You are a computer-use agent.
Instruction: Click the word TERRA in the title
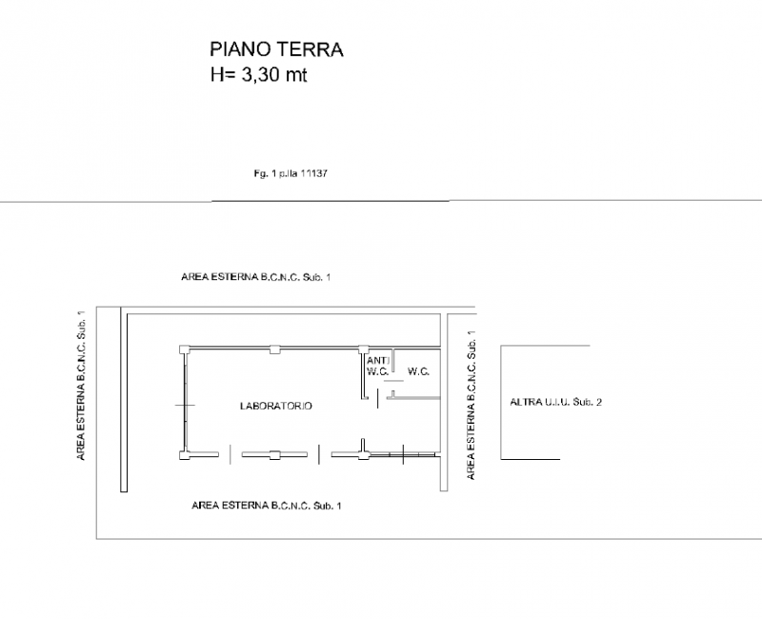[x=311, y=50]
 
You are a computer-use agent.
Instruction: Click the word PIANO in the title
[x=241, y=50]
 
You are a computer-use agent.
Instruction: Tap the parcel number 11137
[x=314, y=173]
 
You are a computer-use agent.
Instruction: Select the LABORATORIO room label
[x=276, y=406]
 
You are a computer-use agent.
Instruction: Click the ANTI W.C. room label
[x=378, y=367]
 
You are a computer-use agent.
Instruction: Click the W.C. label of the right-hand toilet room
[x=418, y=371]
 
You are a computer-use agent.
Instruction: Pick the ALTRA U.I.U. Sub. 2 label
[x=556, y=402]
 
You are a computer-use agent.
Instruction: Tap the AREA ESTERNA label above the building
[x=256, y=277]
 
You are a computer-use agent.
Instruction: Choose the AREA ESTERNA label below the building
[x=267, y=506]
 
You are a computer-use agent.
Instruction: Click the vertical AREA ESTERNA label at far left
[x=81, y=386]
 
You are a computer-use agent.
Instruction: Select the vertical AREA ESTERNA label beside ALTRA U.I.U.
[x=471, y=406]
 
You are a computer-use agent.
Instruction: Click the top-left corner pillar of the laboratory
[x=184, y=349]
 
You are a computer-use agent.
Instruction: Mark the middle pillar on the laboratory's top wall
[x=275, y=349]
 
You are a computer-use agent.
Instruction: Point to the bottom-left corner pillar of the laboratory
[x=184, y=455]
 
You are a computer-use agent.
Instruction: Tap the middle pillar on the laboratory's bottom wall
[x=275, y=455]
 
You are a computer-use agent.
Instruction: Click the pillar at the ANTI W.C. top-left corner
[x=364, y=349]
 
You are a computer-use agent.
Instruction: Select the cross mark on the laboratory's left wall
[x=185, y=406]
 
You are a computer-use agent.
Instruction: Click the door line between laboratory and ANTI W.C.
[x=378, y=399]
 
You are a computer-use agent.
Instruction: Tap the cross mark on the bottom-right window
[x=403, y=454]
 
